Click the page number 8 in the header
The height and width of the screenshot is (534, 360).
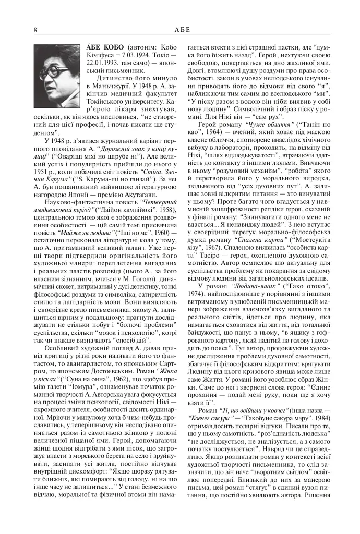point(35,30)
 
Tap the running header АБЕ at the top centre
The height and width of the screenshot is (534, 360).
point(182,30)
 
